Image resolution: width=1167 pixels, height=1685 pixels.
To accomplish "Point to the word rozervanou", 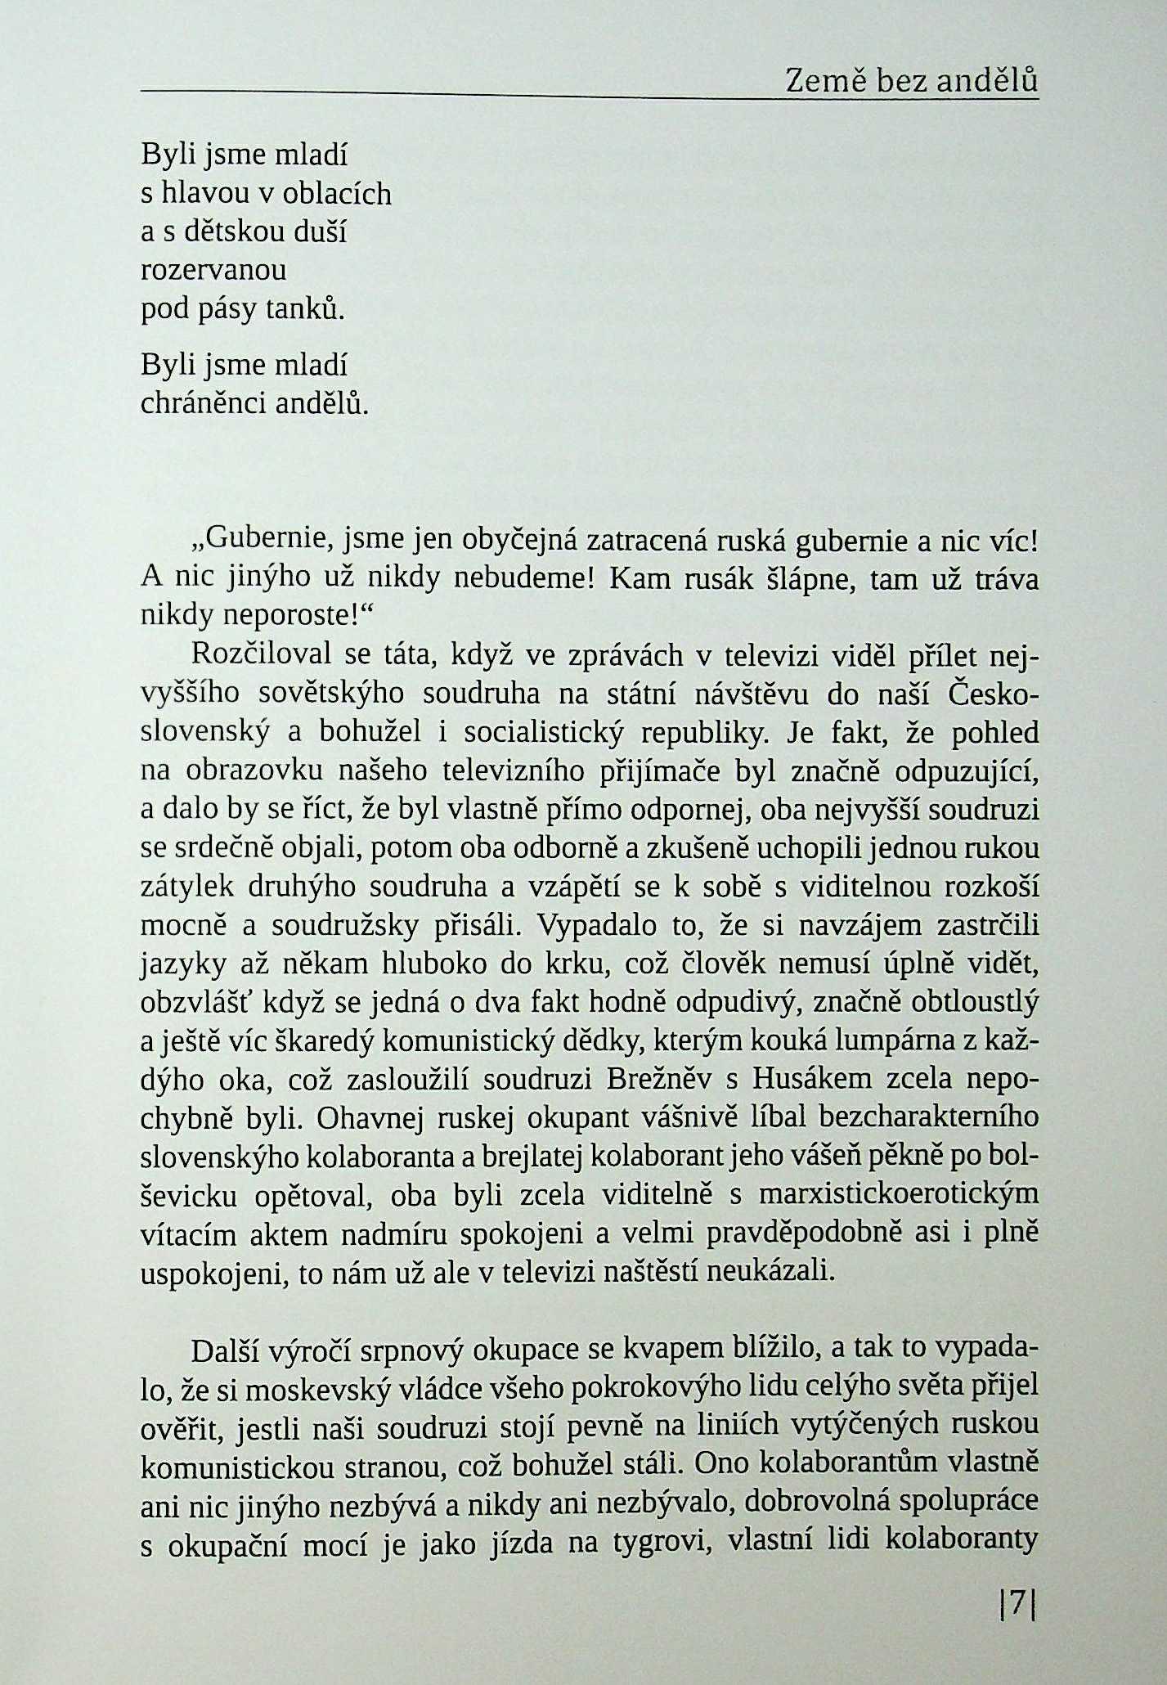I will coord(213,270).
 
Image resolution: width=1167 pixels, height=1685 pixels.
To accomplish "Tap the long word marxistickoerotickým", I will coord(899,1197).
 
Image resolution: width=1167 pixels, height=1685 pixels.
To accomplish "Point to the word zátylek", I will coord(189,887).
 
